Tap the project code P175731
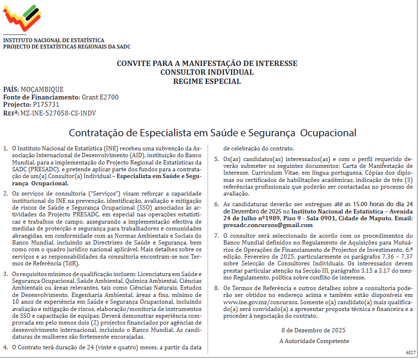click(x=46, y=104)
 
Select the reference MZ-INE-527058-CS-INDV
click(x=58, y=113)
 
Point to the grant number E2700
click(x=107, y=97)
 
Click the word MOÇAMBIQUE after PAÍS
click(x=42, y=89)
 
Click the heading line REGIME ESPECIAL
click(x=207, y=81)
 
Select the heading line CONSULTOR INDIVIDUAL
click(x=207, y=72)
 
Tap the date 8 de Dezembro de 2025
click(x=313, y=330)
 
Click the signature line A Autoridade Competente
click(x=314, y=341)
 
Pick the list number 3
click(x=5, y=274)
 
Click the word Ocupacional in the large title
click(x=329, y=132)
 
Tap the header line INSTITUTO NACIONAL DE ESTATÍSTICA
click(x=54, y=40)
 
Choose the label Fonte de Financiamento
click(x=42, y=97)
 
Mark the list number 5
click(x=217, y=159)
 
